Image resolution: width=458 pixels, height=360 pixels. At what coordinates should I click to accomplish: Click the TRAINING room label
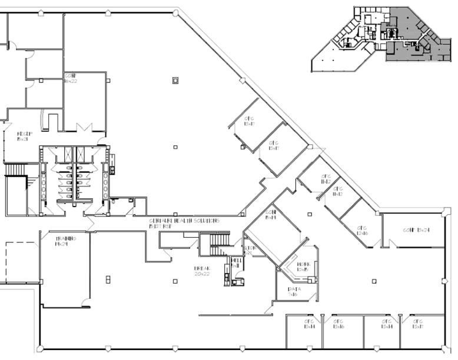65,241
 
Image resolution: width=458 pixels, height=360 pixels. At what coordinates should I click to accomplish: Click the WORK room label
303,266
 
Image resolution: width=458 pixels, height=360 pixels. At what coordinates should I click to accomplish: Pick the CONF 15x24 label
416,229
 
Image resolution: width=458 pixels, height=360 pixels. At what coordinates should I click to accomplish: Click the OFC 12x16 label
360,230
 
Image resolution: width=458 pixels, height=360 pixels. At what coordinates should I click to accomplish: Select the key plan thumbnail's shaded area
412,35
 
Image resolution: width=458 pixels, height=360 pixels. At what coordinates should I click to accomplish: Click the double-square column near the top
175,81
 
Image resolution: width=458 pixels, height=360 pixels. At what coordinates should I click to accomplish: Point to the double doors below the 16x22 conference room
85,128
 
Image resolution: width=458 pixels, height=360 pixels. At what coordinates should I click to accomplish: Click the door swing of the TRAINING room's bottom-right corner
87,302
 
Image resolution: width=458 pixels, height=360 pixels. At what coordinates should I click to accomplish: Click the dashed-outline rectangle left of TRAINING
20,261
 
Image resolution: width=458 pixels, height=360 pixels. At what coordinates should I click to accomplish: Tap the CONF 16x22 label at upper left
71,79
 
